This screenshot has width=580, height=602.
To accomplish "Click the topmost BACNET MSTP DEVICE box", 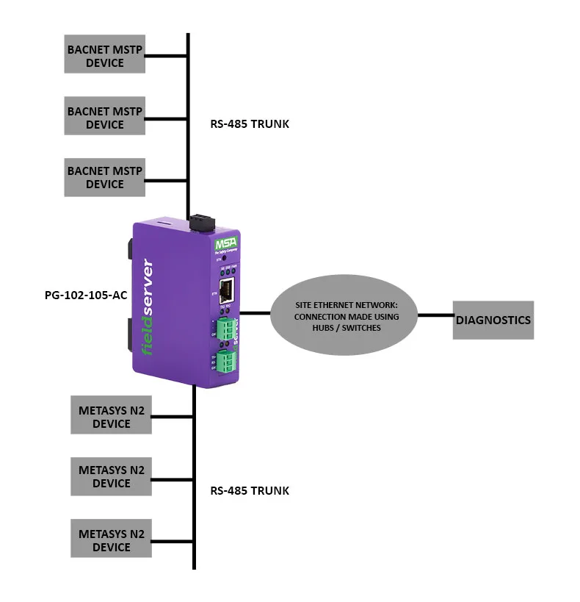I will [104, 54].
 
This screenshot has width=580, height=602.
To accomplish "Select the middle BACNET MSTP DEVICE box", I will [104, 116].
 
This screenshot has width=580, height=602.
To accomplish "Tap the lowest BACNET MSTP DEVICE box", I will [104, 176].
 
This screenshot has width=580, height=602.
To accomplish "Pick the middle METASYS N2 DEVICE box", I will [111, 476].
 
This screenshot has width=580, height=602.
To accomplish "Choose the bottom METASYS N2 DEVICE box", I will [111, 538].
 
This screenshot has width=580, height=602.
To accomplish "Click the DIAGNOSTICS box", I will [492, 320].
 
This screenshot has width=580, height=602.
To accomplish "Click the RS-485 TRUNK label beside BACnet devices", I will [250, 123].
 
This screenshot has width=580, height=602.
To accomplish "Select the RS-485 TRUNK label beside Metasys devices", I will [250, 490].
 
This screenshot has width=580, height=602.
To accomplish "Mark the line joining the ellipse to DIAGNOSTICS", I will [435, 316].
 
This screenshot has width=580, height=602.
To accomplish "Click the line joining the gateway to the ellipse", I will [255, 313].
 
